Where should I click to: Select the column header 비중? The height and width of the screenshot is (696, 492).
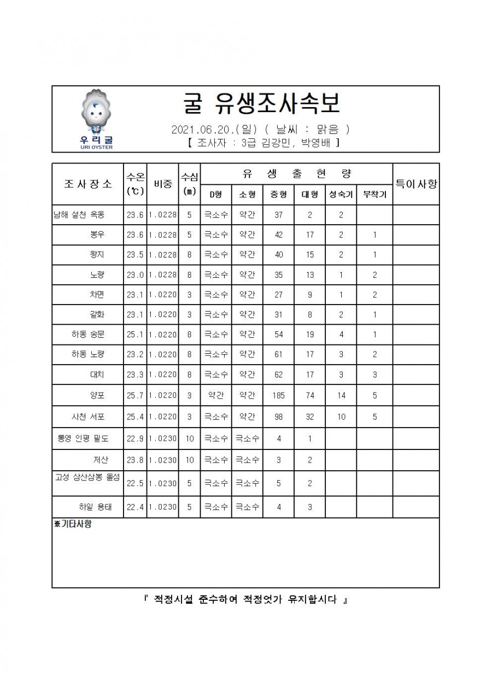point(162,184)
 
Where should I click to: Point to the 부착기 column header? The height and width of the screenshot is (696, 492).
point(375,194)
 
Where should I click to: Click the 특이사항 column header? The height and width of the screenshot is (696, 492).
point(416,184)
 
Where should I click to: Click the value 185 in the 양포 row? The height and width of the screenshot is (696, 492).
point(278,396)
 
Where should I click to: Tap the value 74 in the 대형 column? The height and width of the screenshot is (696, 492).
point(309,396)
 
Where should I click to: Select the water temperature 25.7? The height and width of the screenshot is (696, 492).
point(134,396)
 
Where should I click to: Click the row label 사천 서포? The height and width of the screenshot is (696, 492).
point(88,417)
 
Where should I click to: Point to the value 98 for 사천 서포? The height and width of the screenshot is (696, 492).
point(278,417)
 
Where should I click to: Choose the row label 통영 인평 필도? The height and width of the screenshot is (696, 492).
point(83,438)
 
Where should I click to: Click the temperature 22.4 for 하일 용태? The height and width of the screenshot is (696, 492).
point(134,507)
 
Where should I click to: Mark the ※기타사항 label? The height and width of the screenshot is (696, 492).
point(73,524)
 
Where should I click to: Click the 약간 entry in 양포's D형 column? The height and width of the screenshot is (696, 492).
point(216,396)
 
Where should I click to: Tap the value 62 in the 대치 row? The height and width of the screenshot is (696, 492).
point(278,375)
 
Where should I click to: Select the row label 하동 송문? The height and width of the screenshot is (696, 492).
point(88,334)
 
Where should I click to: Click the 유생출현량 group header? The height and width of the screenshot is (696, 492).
point(296,174)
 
